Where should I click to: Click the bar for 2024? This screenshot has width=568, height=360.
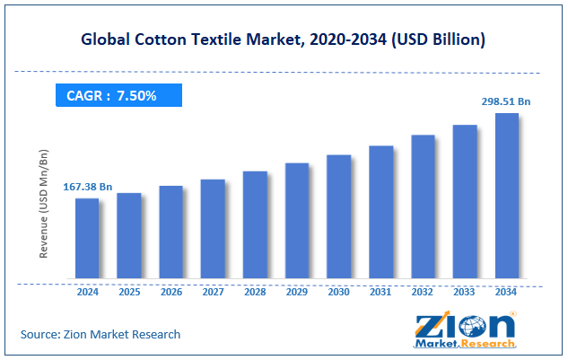coord(87,238)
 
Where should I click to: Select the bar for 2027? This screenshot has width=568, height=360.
coord(213,229)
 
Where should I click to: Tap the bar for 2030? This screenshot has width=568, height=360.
coord(338,216)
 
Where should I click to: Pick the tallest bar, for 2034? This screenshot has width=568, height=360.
coord(506,196)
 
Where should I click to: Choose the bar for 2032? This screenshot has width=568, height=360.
coord(423,206)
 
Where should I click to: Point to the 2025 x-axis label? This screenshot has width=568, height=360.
coord(128,292)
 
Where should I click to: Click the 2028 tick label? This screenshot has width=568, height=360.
coord(255,292)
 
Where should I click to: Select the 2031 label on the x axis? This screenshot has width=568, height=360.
coord(380,292)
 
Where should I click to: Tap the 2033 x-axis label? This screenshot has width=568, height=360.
coord(464,292)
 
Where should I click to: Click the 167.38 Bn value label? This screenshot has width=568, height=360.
coord(87,187)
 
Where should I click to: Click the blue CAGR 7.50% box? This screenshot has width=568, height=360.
coord(118,95)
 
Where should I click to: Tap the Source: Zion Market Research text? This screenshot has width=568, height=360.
coord(100,334)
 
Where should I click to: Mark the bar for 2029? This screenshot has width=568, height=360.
coord(297,221)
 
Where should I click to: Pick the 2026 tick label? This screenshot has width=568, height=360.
coord(170,292)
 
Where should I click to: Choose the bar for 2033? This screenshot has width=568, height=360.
coord(464,201)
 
